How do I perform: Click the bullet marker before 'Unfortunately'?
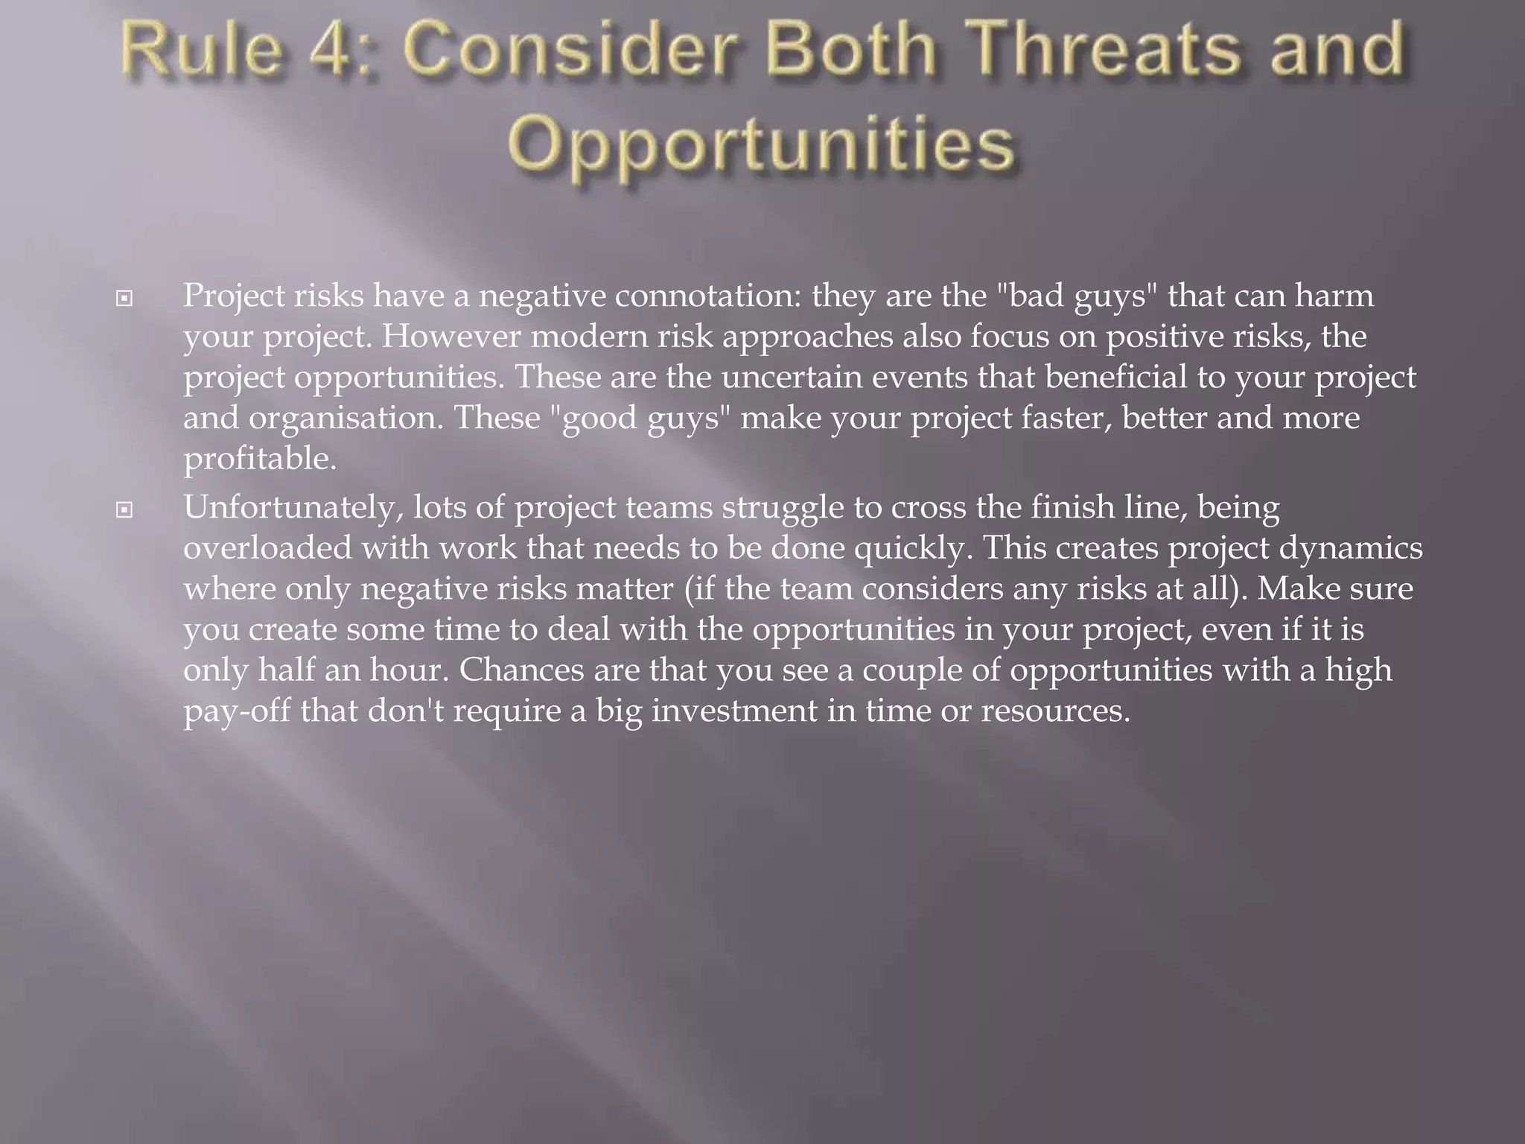[x=124, y=510]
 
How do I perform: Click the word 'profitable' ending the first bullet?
[x=259, y=459]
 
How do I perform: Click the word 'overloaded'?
[x=267, y=549]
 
